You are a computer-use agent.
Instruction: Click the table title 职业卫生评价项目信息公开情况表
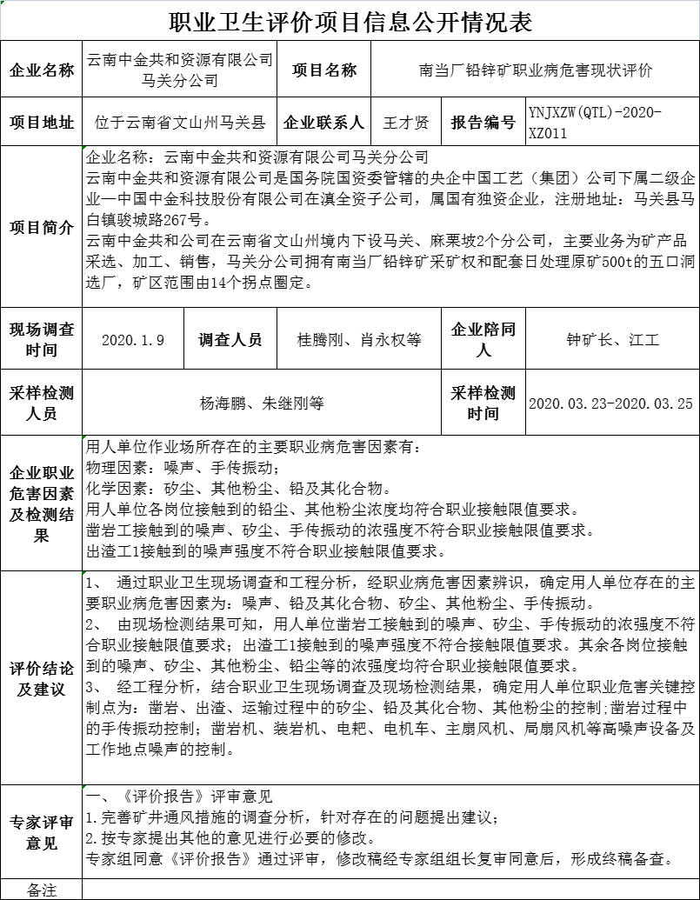pyautogui.click(x=350, y=20)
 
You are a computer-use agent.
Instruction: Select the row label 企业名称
pyautogui.click(x=42, y=70)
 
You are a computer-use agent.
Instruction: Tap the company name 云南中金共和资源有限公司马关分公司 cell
pyautogui.click(x=180, y=70)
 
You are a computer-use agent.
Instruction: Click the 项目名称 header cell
pyautogui.click(x=323, y=70)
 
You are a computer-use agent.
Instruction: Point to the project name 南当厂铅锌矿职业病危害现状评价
pyautogui.click(x=535, y=70)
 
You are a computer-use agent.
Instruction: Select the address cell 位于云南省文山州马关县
pyautogui.click(x=180, y=123)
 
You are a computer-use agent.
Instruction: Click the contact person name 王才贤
pyautogui.click(x=406, y=123)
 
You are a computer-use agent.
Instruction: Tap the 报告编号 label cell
pyautogui.click(x=483, y=123)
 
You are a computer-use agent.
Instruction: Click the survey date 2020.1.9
pyautogui.click(x=133, y=340)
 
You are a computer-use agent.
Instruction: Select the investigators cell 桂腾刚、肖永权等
pyautogui.click(x=359, y=340)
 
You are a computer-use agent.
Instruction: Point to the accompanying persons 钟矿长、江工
pyautogui.click(x=612, y=340)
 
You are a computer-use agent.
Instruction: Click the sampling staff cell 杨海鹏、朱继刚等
pyautogui.click(x=262, y=403)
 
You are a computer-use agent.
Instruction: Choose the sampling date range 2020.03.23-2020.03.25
pyautogui.click(x=611, y=403)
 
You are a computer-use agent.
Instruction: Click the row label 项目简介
pyautogui.click(x=42, y=228)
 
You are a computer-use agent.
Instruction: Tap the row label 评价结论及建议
pyautogui.click(x=42, y=678)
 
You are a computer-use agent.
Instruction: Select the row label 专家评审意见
pyautogui.click(x=42, y=832)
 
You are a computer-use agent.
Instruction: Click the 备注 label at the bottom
pyautogui.click(x=42, y=890)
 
